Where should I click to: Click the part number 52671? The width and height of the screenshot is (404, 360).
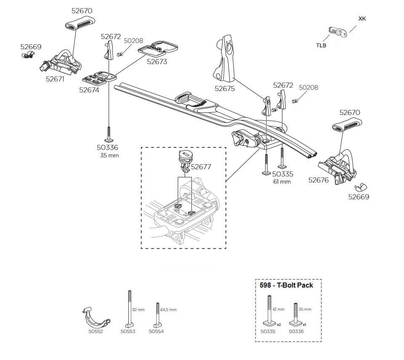(x=55, y=79)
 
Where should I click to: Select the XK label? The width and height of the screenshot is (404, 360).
(x=362, y=19)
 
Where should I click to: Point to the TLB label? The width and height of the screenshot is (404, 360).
(x=321, y=45)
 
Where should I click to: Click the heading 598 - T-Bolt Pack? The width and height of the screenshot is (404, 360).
(x=286, y=285)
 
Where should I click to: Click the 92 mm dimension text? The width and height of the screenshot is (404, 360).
(x=138, y=310)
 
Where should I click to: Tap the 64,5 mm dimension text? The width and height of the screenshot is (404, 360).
(x=168, y=310)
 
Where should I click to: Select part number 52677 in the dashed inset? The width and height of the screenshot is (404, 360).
(x=201, y=167)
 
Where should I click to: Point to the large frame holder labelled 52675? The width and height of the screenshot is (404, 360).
(x=224, y=58)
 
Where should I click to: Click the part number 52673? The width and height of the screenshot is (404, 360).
(x=157, y=61)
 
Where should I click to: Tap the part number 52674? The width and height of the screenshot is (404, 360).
(x=89, y=90)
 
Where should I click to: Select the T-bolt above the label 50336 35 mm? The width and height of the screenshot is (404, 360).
(x=109, y=134)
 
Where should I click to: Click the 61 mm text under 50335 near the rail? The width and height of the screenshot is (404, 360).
(x=282, y=181)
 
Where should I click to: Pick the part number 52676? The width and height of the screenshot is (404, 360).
(x=319, y=180)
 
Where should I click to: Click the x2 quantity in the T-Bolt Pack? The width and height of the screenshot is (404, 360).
(x=279, y=325)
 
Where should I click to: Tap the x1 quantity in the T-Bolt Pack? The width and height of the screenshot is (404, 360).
(x=304, y=325)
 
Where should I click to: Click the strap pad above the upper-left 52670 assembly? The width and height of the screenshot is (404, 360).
(x=80, y=23)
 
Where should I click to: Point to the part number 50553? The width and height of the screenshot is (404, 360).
(x=128, y=331)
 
